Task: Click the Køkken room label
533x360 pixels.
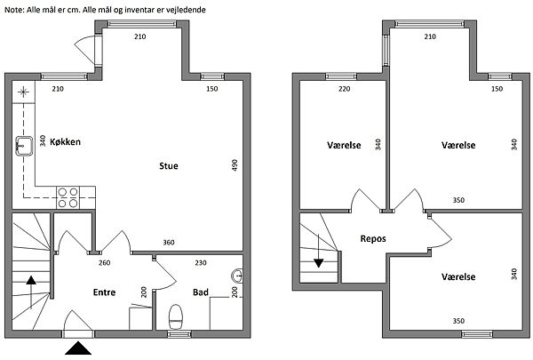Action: (x=65, y=142)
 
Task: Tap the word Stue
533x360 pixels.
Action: (x=169, y=166)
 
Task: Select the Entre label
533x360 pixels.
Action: (x=104, y=292)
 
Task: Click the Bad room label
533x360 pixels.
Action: (x=201, y=292)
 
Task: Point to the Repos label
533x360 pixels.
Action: (x=373, y=239)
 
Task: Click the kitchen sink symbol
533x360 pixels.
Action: (x=24, y=146)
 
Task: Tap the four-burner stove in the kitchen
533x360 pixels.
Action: (x=68, y=197)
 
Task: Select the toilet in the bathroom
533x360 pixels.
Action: (x=176, y=317)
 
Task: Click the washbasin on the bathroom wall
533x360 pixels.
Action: (x=237, y=276)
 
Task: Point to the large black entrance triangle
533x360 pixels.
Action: (x=78, y=348)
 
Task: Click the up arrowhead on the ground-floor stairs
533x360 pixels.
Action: (x=31, y=280)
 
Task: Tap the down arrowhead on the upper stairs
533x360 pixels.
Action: (x=319, y=263)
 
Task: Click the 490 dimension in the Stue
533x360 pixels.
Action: (x=235, y=165)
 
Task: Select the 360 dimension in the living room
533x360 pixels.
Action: (x=169, y=243)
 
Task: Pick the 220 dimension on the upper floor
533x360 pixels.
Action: (x=345, y=89)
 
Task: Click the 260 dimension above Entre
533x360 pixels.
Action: (x=104, y=263)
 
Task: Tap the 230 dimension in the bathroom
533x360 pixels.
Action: (x=201, y=263)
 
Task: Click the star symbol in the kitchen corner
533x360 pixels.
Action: (x=23, y=92)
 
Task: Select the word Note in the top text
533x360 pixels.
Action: (x=13, y=10)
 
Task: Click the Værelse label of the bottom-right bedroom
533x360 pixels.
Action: (x=458, y=277)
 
